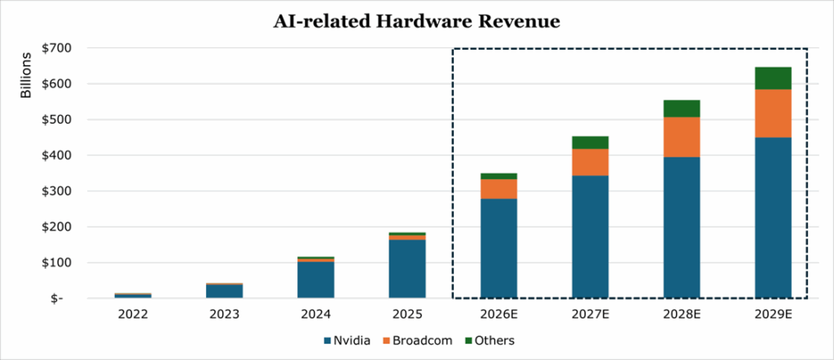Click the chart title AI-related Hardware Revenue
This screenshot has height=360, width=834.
(x=416, y=22)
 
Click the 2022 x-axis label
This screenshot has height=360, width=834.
(x=132, y=314)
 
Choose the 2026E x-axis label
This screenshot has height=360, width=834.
(x=498, y=314)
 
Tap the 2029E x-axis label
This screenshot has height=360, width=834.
(x=773, y=314)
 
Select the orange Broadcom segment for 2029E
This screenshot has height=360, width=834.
(x=773, y=113)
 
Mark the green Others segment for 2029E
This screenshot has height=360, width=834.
(x=773, y=78)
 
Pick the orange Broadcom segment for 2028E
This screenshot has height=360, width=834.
(x=682, y=137)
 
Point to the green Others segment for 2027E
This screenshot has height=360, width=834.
(x=590, y=143)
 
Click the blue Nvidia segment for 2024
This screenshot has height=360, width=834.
(x=315, y=279)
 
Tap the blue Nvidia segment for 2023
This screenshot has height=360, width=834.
(x=224, y=291)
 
